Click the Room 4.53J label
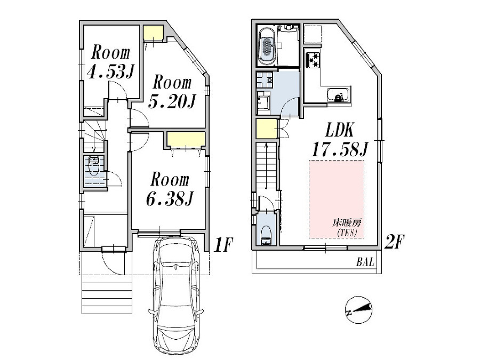point(110,62)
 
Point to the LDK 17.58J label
point(339,140)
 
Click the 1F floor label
point(223,245)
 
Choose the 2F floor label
point(395,243)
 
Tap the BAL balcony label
point(365,263)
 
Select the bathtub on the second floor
point(266,46)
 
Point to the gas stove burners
point(311,60)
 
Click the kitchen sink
point(338,97)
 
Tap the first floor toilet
point(94,167)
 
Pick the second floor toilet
point(266,234)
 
